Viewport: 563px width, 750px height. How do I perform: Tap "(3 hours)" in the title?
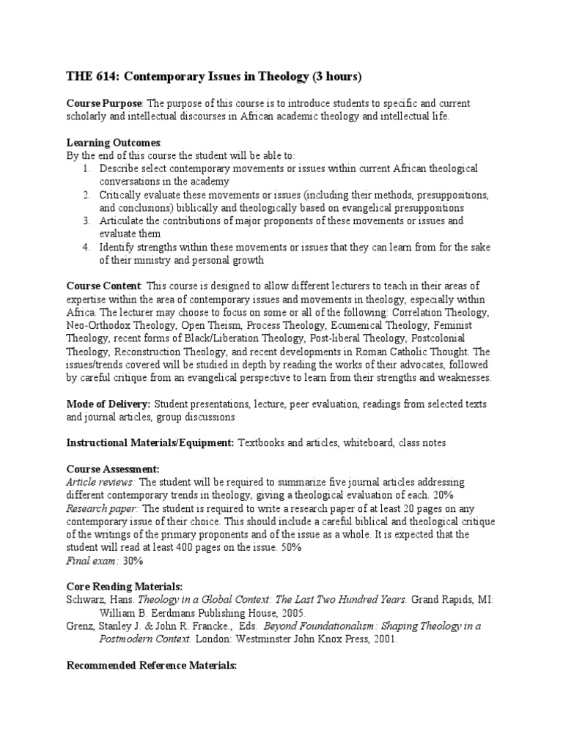click(332, 77)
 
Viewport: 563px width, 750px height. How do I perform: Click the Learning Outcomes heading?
click(114, 142)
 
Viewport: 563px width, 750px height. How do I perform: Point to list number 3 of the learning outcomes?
click(86, 220)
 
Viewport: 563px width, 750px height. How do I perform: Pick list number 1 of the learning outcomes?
click(86, 168)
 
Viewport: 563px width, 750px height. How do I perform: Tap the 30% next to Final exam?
click(132, 560)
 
